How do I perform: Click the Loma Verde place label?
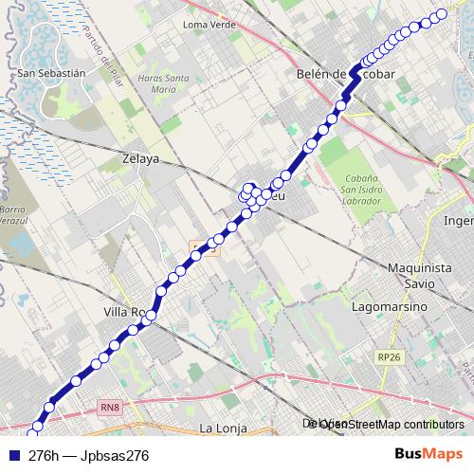point(208,24)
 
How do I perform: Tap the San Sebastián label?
point(52,72)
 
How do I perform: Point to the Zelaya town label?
point(140,159)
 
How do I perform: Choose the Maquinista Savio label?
point(419,275)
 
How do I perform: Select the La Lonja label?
point(223,428)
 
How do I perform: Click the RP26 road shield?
point(388,356)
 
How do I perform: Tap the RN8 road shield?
point(110,408)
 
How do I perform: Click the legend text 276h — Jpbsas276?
point(89,455)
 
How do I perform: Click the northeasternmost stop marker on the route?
point(440,14)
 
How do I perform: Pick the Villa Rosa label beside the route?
point(123,311)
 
